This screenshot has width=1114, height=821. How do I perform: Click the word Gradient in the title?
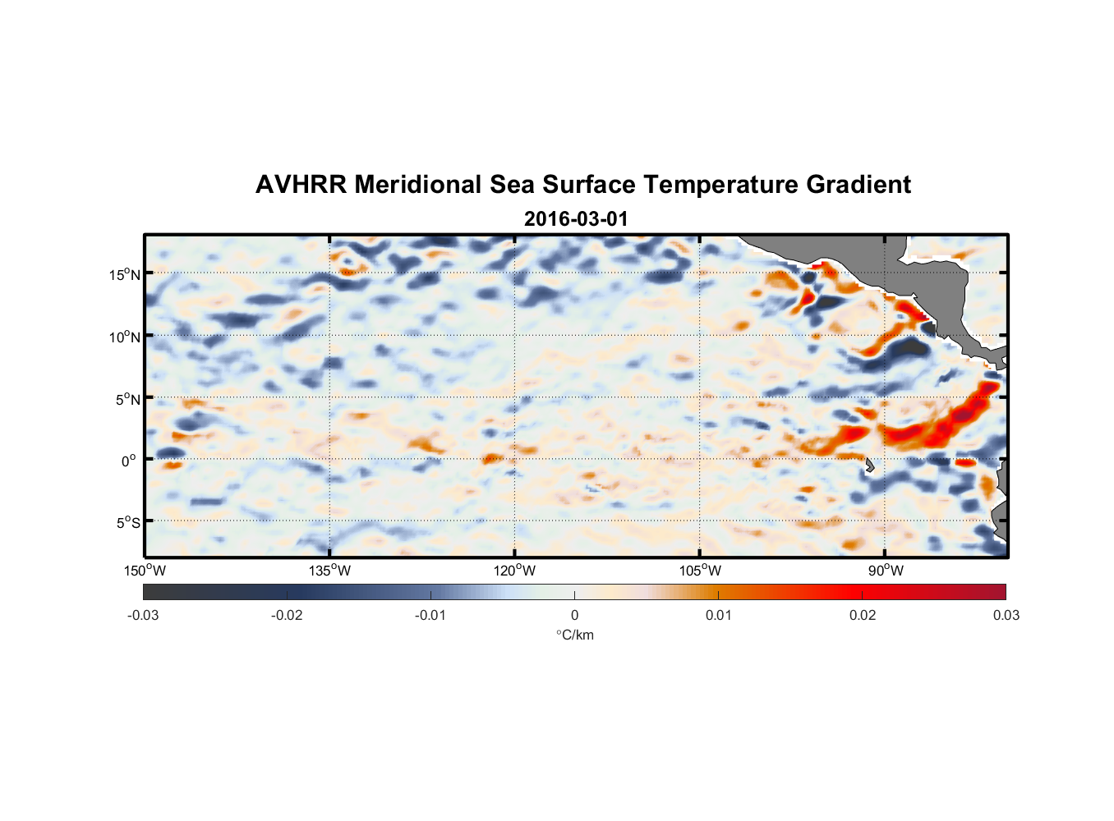[x=859, y=185]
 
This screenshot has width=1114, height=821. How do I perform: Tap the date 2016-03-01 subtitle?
[x=575, y=219]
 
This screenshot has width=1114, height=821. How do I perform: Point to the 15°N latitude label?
[x=124, y=274]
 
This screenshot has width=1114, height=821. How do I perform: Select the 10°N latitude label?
[x=124, y=337]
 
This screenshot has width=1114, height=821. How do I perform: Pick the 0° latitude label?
[x=129, y=461]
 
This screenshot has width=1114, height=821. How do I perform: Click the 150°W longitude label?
[x=145, y=571]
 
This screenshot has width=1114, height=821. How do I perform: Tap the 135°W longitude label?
[x=329, y=571]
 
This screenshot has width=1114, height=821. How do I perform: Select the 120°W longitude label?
[x=514, y=571]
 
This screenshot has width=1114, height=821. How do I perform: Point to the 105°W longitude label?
[x=700, y=571]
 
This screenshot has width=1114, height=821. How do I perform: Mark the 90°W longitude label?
[x=886, y=571]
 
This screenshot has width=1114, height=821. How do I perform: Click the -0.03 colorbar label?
[x=143, y=616]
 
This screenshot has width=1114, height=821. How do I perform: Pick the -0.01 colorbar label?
[x=430, y=616]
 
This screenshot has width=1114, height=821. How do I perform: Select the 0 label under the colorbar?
[x=574, y=616]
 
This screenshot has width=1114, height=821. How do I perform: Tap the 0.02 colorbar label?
[x=863, y=616]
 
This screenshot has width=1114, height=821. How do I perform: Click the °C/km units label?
[x=574, y=635]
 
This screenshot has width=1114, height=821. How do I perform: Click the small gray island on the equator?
[x=870, y=465]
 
